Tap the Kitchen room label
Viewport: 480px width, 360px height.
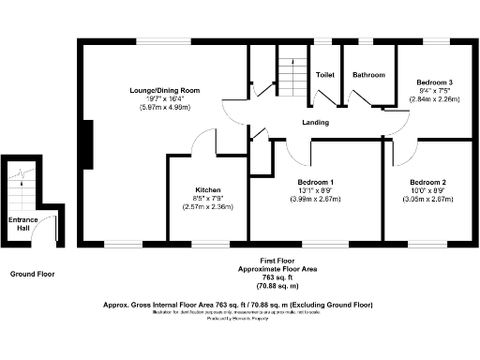207,189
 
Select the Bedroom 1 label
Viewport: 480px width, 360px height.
316,182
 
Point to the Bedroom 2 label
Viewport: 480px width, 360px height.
427,182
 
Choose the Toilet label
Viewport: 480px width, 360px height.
325,74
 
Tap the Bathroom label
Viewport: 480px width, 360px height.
368,74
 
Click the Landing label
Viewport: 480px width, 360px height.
316,123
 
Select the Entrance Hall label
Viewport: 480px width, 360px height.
23,223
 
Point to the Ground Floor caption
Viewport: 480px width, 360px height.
32,275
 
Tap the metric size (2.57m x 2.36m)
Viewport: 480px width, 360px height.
207,207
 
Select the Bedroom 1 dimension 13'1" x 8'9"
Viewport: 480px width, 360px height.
316,190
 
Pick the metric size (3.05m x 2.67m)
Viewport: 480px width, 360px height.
427,199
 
